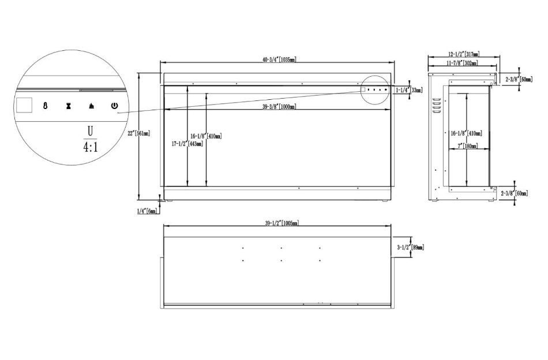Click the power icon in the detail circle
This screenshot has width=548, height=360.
click(115, 106)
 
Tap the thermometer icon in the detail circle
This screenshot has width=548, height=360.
click(46, 106)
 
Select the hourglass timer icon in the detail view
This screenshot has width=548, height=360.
click(69, 106)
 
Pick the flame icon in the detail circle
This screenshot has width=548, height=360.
click(91, 106)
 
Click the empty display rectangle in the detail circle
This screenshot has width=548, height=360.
click(24, 105)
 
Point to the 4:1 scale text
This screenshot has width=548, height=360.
click(91, 147)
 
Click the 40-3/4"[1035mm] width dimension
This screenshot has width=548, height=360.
click(279, 59)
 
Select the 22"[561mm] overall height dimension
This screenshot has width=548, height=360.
click(139, 133)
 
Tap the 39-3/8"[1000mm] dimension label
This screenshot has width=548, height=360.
click(279, 107)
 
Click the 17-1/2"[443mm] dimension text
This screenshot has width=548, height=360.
click(187, 144)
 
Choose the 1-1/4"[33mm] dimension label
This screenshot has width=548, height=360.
click(409, 90)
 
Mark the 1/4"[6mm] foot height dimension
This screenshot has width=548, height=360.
click(148, 211)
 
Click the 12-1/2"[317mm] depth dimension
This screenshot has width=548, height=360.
click(464, 54)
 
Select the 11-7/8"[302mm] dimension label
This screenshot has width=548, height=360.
click(462, 63)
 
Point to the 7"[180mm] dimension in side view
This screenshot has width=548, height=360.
click(468, 146)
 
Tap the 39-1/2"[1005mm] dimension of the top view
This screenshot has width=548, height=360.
click(281, 223)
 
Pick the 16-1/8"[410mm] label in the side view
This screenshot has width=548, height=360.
click(467, 133)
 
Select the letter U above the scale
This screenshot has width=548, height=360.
click(90, 132)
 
